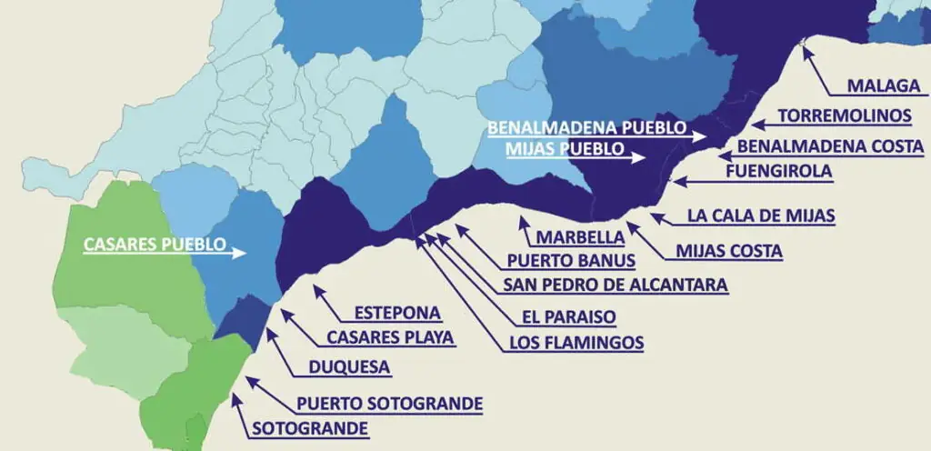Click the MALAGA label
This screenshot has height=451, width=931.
pos(884,86)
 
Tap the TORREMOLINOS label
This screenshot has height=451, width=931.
pos(845,115)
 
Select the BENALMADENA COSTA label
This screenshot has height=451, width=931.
pos(830,145)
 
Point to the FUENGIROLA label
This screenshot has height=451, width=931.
pos(779,170)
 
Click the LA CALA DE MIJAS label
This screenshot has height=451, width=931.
pos(761,216)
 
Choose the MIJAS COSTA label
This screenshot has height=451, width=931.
pos(729,251)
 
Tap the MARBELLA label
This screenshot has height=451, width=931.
pos(580,237)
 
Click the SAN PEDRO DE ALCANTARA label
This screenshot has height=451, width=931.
pos(616,285)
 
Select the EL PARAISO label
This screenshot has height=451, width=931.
pos(568,317)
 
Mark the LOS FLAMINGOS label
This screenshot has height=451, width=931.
pos(576,343)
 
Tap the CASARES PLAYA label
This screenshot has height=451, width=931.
pos(390,337)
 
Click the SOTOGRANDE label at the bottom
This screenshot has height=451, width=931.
pos(310,428)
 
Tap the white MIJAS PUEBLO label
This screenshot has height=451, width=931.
pos(563,147)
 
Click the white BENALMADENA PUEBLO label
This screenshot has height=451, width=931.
pos(586,127)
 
